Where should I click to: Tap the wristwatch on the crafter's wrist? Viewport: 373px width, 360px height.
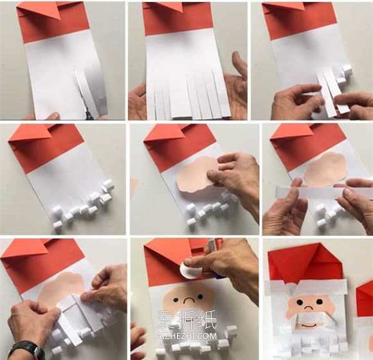26,348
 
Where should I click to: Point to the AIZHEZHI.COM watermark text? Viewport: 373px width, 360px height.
186,336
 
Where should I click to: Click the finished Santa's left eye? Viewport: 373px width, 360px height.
298,302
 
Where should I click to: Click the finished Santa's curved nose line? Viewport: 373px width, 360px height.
309,307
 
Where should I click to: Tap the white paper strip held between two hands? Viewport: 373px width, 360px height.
323,192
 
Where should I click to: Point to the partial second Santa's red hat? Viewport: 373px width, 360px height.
365,299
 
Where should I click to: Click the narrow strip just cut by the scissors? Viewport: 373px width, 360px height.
80,91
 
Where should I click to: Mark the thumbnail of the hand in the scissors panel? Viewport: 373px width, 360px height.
53,116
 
